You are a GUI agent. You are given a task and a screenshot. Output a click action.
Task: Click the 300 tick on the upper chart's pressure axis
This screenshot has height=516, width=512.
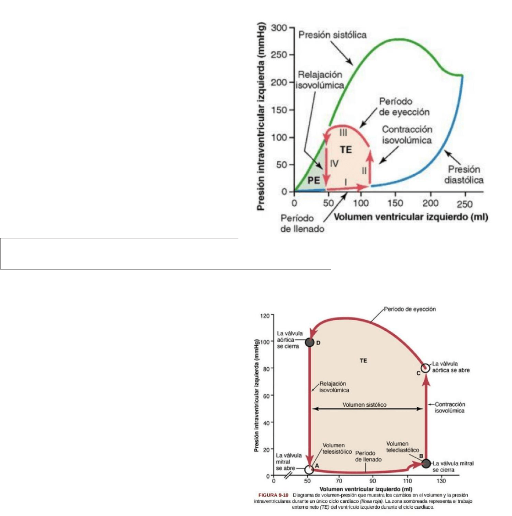click(x=279, y=28)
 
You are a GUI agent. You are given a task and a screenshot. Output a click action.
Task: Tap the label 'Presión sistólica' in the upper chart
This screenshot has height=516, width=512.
click(x=332, y=35)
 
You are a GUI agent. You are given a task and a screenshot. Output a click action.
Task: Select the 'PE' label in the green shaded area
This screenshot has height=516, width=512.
click(x=313, y=180)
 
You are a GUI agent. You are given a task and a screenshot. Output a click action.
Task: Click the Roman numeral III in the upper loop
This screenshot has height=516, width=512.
click(x=343, y=133)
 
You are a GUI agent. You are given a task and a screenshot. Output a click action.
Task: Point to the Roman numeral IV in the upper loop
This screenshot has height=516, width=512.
click(x=334, y=163)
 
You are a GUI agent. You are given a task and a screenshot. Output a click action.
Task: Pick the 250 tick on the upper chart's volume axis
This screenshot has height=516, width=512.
click(x=464, y=204)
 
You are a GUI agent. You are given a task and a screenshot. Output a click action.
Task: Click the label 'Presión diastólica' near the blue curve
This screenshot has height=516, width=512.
click(x=464, y=175)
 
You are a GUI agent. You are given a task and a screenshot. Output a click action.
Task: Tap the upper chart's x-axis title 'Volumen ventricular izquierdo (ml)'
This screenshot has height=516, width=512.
click(x=411, y=217)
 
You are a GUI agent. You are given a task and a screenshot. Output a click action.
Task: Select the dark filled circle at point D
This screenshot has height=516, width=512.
click(x=309, y=342)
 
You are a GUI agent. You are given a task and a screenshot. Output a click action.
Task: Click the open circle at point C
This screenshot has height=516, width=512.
click(x=426, y=368)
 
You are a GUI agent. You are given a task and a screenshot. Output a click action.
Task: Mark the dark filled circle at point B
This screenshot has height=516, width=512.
click(x=426, y=463)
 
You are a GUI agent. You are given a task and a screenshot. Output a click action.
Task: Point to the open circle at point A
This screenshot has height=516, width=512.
click(x=309, y=469)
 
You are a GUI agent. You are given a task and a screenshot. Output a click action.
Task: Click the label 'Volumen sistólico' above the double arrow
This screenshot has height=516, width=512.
click(x=365, y=405)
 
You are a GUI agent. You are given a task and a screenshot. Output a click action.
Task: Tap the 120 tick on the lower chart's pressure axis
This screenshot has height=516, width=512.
click(x=265, y=316)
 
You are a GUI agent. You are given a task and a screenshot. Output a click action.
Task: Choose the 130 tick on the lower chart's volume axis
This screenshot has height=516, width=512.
click(x=441, y=481)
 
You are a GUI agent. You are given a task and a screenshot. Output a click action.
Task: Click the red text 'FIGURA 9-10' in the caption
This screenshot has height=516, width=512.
click(x=273, y=495)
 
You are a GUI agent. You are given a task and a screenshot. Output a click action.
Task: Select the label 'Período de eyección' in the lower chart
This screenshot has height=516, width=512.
click(x=410, y=309)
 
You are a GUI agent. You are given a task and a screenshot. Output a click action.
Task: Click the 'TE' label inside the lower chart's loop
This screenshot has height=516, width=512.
click(x=363, y=360)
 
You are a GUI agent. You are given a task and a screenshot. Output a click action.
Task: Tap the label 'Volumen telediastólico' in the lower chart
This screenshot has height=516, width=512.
click(x=402, y=447)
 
